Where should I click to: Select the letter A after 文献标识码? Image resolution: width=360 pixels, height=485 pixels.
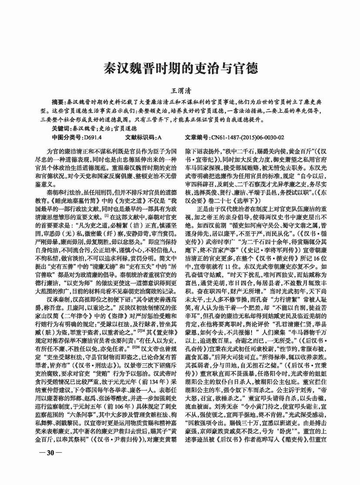point(160,137)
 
